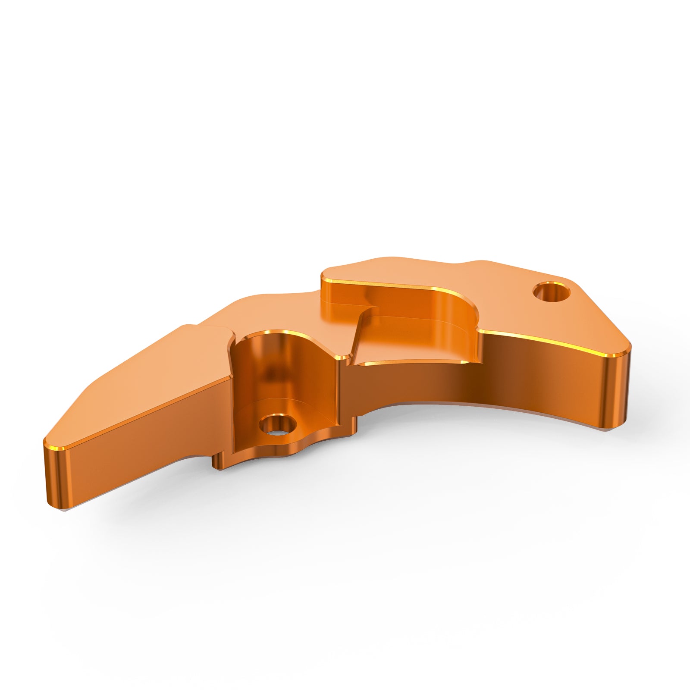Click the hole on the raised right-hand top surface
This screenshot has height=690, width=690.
(551, 292)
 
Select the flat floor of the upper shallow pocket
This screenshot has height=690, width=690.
(414, 345)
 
